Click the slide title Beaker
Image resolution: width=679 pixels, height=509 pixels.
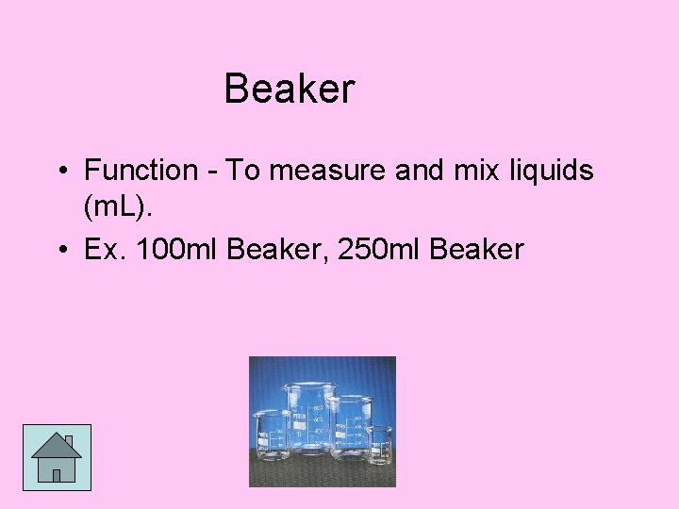coord(290,90)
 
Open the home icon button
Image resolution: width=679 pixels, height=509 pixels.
coord(57,457)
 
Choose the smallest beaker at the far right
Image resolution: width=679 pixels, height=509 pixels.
coord(378,444)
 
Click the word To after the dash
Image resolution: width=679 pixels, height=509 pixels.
coord(242,171)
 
